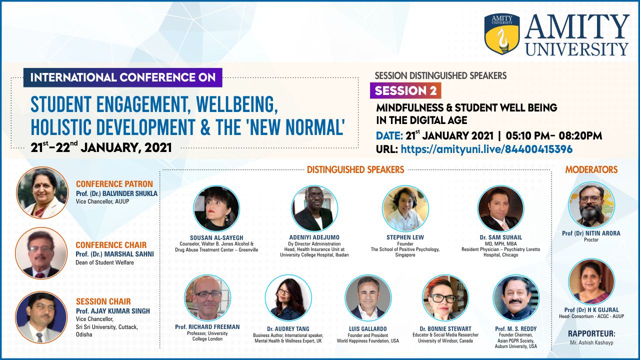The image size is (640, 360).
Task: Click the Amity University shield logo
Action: tap(502, 33)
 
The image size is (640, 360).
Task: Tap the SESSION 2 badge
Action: tap(405, 90)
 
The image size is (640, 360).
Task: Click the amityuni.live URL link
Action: tap(486, 149)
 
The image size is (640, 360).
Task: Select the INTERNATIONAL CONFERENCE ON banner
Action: tap(123, 77)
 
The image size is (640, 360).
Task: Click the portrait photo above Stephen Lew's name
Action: tap(405, 208)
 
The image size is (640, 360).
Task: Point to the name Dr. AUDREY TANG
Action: tap(288, 329)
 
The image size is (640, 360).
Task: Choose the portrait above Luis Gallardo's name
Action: tap(368, 297)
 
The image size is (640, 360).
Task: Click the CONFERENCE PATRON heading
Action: tap(114, 184)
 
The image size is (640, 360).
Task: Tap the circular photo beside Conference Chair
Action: tap(41, 253)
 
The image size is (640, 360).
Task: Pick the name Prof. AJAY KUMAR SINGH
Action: tap(113, 311)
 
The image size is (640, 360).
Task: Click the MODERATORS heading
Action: tap(591, 169)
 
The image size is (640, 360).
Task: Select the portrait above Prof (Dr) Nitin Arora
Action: tap(591, 205)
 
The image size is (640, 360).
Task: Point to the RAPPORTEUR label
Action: tap(591, 333)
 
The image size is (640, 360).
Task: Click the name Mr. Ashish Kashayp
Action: tap(591, 342)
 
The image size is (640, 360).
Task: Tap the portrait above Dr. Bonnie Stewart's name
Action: tap(445, 297)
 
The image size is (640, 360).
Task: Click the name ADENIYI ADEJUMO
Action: tap(314, 237)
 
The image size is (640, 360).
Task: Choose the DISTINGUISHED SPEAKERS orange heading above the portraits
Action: tap(355, 169)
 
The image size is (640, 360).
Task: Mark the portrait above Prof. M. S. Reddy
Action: tap(516, 297)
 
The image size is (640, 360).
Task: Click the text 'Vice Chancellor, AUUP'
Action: tap(102, 201)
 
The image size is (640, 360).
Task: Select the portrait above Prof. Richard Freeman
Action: tap(207, 297)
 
